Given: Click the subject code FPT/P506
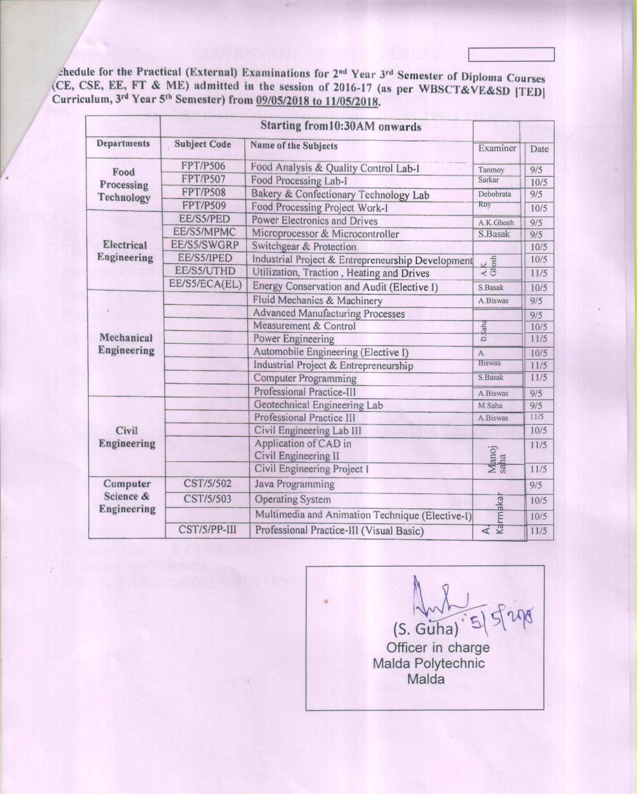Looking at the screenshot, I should coord(203,166).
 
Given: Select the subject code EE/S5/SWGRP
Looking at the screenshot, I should coord(205,245).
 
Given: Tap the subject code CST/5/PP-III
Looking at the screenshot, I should coord(207,530).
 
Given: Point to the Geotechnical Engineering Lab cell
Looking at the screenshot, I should coord(318,405).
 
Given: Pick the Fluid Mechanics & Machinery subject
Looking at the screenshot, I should coord(317,300).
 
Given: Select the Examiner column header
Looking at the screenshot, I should coord(497,148).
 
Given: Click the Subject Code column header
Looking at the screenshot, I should coord(203,144).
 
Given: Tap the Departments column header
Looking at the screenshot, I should coord(123,144).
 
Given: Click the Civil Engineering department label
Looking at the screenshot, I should coord(127,437).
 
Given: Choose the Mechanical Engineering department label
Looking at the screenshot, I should coord(126,344).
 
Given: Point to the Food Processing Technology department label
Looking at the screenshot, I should coord(124,185).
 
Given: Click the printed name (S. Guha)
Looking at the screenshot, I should coord(426,629).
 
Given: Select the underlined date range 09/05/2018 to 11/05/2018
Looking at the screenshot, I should coord(317,101).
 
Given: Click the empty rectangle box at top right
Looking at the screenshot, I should coord(511,54).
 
